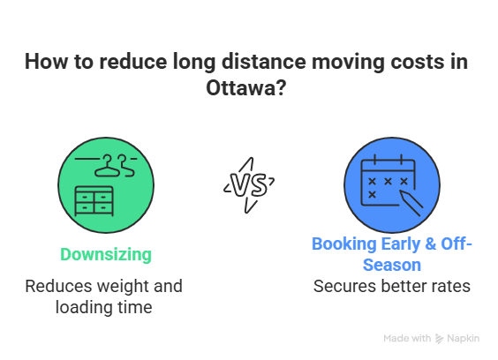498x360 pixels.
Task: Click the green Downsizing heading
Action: tap(106, 255)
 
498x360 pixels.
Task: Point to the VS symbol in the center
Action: tap(248, 184)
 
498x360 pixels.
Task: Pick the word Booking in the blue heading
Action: tap(340, 244)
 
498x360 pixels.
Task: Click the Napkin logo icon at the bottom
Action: tap(440, 339)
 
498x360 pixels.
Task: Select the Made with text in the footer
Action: tap(407, 339)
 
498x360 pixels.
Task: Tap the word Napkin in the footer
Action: tap(464, 339)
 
